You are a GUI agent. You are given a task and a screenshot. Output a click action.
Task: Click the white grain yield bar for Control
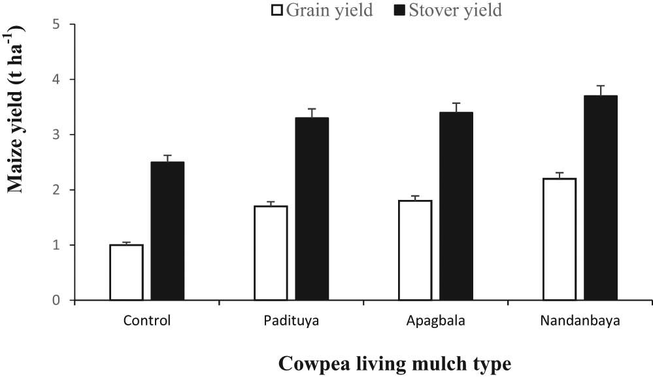click(x=126, y=272)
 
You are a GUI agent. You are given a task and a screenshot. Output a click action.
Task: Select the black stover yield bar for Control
click(x=167, y=231)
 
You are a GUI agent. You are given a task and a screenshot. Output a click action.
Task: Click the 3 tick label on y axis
click(x=57, y=135)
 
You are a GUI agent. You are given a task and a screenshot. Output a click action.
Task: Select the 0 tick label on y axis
click(x=57, y=301)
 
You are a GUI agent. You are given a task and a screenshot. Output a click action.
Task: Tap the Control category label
click(x=146, y=321)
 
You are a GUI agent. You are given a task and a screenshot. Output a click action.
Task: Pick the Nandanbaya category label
click(x=580, y=321)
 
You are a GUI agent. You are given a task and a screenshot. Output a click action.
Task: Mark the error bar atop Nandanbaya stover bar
click(x=600, y=90)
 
